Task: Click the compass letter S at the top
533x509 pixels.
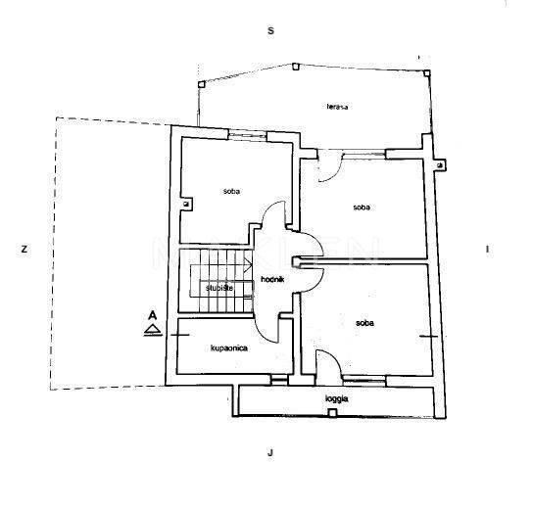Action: point(270,31)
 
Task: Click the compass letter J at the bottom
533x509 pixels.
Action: point(270,452)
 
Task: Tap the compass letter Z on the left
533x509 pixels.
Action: point(24,250)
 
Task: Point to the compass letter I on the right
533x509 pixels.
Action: point(488,250)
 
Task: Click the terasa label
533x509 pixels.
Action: point(337,107)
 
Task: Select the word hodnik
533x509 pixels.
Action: point(272,279)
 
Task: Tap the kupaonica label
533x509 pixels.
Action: point(229,348)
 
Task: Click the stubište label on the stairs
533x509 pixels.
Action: point(219,288)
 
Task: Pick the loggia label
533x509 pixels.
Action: point(336,398)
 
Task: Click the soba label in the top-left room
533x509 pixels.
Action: point(231,191)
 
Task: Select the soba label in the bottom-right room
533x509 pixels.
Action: point(364,323)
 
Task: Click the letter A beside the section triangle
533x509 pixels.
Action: point(153,315)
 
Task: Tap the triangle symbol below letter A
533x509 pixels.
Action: point(153,329)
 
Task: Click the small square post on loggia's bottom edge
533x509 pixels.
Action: point(332,412)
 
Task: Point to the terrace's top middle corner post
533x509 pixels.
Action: point(295,67)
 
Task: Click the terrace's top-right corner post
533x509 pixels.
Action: point(427,72)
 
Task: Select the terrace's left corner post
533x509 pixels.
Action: point(202,84)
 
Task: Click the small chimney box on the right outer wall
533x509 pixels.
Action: point(440,165)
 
